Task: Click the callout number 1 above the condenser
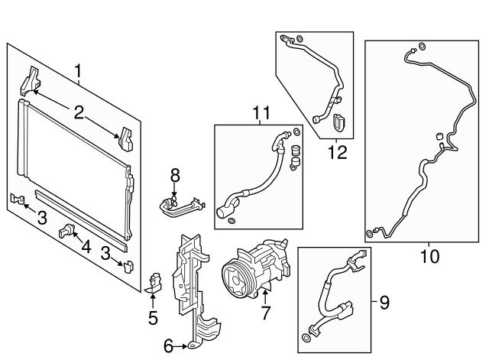[79, 73]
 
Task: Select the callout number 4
[86, 248]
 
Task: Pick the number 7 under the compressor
[265, 312]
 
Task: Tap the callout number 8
[174, 174]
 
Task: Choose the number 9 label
[384, 303]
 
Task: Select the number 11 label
[261, 114]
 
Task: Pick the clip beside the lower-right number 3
[128, 266]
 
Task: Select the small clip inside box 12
[341, 122]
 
